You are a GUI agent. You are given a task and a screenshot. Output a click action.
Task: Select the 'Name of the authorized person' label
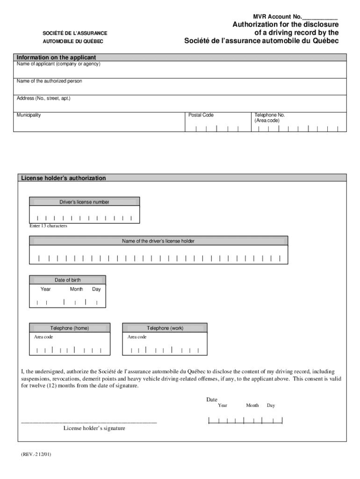tap(49, 81)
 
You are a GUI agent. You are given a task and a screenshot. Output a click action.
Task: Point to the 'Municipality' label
tap(29, 115)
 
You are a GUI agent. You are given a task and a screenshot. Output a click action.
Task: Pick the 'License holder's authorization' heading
tap(63, 178)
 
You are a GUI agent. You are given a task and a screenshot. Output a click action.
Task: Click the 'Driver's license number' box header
tap(84, 202)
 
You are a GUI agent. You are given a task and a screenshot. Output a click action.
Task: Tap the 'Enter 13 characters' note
tap(48, 226)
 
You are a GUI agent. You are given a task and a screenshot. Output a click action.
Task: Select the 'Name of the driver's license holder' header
tap(158, 241)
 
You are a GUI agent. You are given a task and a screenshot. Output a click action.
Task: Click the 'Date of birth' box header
tap(67, 280)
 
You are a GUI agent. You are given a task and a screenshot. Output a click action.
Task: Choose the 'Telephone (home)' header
tap(70, 328)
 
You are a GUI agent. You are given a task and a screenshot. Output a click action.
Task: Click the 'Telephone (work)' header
tap(165, 328)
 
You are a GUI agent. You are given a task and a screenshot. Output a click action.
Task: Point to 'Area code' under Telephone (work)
tap(137, 337)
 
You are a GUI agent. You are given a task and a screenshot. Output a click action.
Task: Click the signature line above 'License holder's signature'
tap(89, 422)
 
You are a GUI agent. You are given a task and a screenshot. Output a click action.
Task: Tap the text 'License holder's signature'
tap(94, 428)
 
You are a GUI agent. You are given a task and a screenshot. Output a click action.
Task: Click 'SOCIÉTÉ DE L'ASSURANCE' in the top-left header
tap(73, 33)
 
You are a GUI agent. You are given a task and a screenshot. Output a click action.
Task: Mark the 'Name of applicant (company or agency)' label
tap(58, 64)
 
